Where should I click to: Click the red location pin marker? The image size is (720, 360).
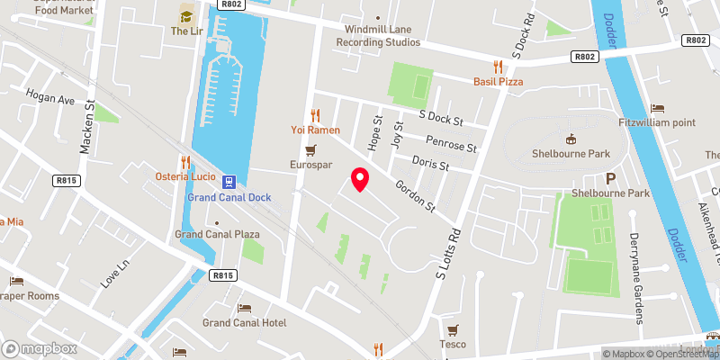pyautogui.click(x=360, y=179)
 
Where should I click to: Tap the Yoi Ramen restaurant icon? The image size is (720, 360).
pyautogui.click(x=315, y=115)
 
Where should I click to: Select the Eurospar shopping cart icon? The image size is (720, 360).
pyautogui.click(x=310, y=150)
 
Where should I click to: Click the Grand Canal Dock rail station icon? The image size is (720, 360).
pyautogui.click(x=230, y=181)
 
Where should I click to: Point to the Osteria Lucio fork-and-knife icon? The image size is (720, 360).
pyautogui.click(x=185, y=162)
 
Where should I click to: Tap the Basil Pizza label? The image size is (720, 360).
pyautogui.click(x=498, y=82)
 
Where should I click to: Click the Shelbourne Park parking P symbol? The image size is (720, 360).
pyautogui.click(x=611, y=179)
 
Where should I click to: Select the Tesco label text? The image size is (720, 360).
pyautogui.click(x=453, y=344)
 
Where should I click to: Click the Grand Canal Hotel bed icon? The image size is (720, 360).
pyautogui.click(x=245, y=309)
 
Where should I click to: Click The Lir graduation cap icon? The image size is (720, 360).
pyautogui.click(x=186, y=15)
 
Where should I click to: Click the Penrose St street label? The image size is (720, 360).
pyautogui.click(x=451, y=145)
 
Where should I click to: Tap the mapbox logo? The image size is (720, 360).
pyautogui.click(x=40, y=347)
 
